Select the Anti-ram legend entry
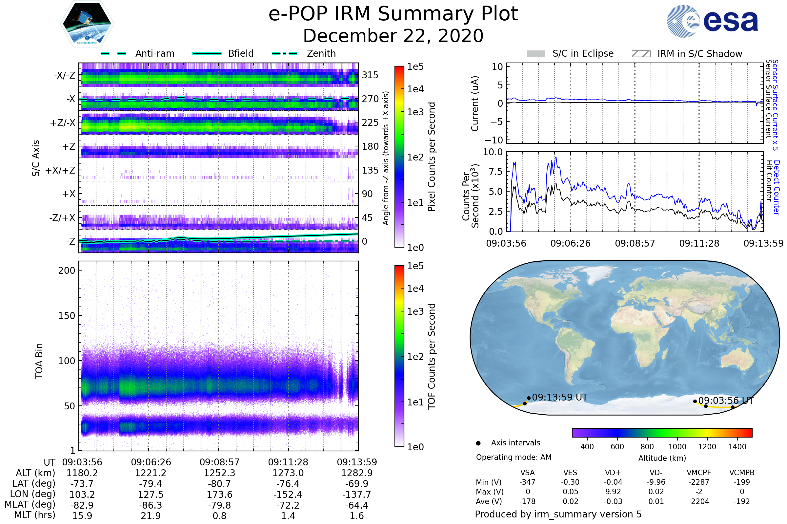point(154,53)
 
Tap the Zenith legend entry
point(321,53)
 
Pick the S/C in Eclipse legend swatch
point(536,54)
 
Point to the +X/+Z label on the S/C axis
point(60,170)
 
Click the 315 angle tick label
point(370,75)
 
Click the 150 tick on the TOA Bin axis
point(67,316)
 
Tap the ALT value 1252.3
point(219,473)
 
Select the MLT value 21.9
point(151,515)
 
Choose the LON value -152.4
point(288,494)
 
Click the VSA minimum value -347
point(527,482)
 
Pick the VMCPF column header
point(699,473)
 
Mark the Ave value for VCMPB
point(741,501)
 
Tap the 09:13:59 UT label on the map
point(559,397)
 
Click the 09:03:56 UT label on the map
point(725,400)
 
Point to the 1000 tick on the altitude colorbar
point(677,447)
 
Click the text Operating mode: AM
point(514,457)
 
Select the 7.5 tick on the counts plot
point(496,172)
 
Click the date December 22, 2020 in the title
point(393,36)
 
